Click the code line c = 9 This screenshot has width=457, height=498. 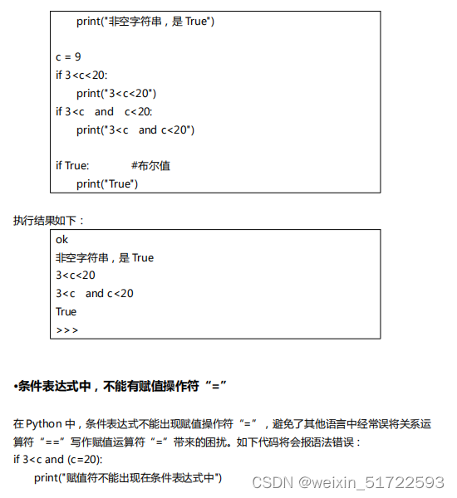(x=68, y=57)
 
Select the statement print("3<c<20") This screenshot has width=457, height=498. (x=116, y=93)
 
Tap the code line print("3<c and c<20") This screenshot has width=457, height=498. (x=135, y=129)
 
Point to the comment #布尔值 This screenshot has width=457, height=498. (x=150, y=166)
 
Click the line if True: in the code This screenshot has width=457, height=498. (x=72, y=166)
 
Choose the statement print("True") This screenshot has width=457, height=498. (x=107, y=183)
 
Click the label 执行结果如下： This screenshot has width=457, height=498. (x=49, y=220)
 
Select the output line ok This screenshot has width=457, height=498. (x=62, y=239)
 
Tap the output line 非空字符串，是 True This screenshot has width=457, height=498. (x=105, y=257)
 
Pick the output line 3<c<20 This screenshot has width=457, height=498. (x=76, y=276)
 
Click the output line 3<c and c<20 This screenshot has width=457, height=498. (x=95, y=293)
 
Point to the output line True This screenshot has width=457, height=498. (x=66, y=311)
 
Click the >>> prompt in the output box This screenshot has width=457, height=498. (x=67, y=330)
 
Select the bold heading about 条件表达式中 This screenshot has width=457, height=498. (x=120, y=386)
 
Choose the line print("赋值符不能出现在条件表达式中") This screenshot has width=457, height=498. (x=128, y=477)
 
